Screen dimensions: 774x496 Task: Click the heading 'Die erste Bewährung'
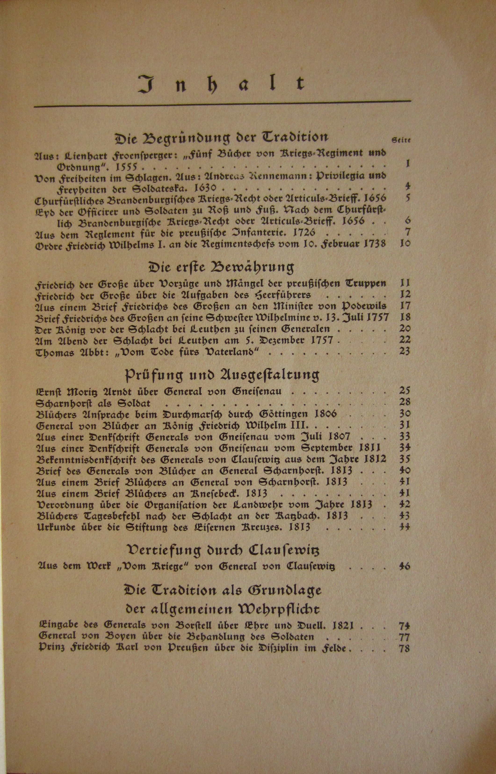point(222,267)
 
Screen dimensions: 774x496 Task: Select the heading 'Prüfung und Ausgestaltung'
point(222,375)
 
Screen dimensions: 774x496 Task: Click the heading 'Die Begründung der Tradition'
point(222,138)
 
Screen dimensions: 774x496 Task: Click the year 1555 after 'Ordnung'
point(127,167)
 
